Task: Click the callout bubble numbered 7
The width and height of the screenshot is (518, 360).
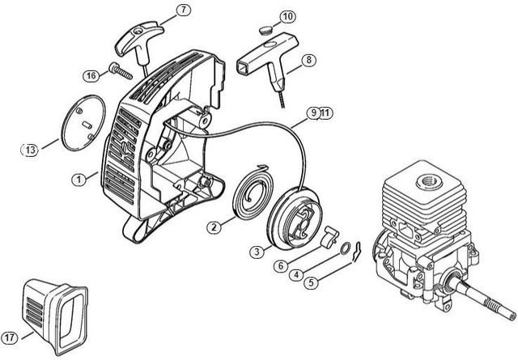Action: [184, 10]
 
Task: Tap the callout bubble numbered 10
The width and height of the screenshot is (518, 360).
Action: [288, 16]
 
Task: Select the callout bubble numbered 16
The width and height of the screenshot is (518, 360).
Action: [91, 76]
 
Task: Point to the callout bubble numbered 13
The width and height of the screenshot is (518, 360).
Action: [30, 150]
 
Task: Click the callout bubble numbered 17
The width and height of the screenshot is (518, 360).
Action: [10, 337]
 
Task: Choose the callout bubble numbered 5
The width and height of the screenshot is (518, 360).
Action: [311, 282]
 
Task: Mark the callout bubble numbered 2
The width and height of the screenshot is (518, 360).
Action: [214, 227]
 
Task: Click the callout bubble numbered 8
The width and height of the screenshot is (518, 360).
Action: [309, 60]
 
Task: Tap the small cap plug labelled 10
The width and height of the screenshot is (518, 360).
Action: [265, 31]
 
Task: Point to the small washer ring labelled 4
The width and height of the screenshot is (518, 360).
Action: [346, 248]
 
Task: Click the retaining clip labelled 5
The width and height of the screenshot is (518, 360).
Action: [356, 252]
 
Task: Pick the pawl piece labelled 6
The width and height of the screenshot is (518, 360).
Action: [330, 235]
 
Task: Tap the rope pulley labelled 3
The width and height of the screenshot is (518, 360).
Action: [294, 218]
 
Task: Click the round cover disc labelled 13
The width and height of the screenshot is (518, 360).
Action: [83, 123]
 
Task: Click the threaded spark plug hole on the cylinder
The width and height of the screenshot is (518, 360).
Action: [429, 181]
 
